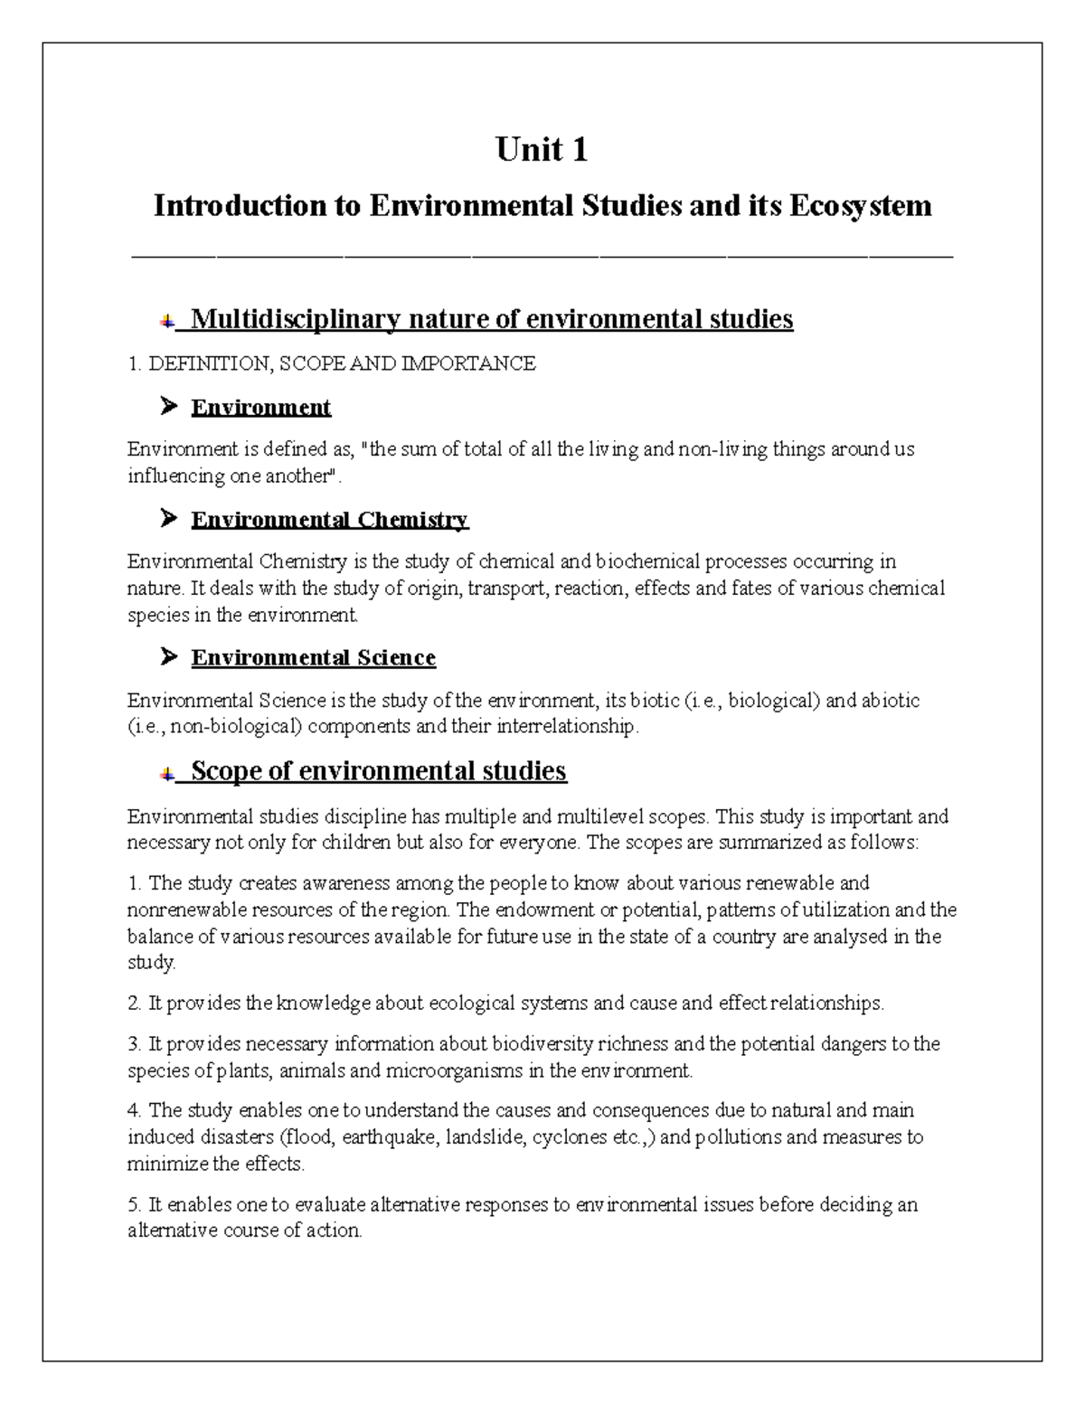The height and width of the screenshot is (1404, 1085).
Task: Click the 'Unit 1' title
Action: pos(542,149)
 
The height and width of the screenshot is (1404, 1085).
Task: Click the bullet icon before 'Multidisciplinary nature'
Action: pos(166,320)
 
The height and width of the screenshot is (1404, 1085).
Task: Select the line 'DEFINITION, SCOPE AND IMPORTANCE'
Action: pos(342,363)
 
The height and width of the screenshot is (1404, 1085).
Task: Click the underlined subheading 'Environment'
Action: pos(260,408)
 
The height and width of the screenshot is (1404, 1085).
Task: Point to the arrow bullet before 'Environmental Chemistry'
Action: pos(168,519)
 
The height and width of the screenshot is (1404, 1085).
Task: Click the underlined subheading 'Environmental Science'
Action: pos(313,657)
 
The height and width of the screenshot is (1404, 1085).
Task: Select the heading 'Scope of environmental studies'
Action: pos(378,771)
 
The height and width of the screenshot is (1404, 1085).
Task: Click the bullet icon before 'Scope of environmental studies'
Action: pos(166,773)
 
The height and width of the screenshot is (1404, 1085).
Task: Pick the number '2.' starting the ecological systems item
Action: pos(135,1004)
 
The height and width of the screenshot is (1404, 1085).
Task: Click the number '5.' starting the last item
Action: pos(135,1205)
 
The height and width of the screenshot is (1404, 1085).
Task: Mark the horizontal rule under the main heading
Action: pos(542,258)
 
